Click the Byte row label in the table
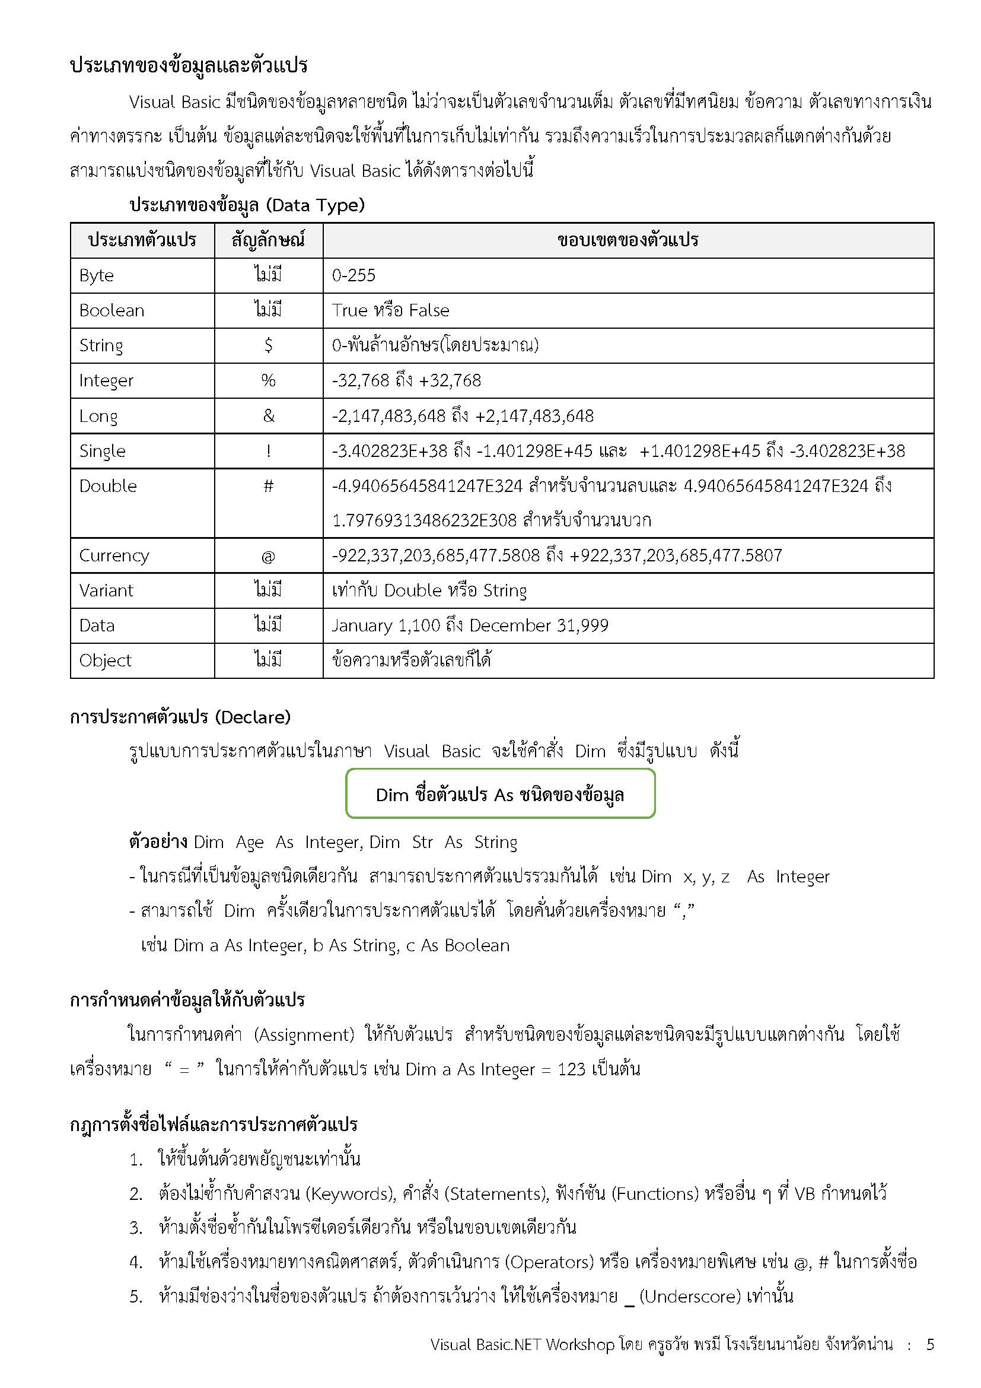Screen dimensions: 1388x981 97,276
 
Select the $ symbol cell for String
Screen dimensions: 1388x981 268,345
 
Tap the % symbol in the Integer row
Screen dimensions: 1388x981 268,380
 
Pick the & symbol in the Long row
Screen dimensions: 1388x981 268,415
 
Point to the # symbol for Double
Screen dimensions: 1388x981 268,486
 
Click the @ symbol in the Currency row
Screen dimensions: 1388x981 268,556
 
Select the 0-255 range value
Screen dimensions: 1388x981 353,276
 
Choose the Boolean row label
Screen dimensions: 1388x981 112,311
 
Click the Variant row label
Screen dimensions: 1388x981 106,590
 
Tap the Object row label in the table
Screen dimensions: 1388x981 105,660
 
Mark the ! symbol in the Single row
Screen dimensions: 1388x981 268,451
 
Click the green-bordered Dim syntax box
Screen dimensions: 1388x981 500,794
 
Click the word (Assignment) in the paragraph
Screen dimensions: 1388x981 304,1034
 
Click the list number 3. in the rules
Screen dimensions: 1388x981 136,1228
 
